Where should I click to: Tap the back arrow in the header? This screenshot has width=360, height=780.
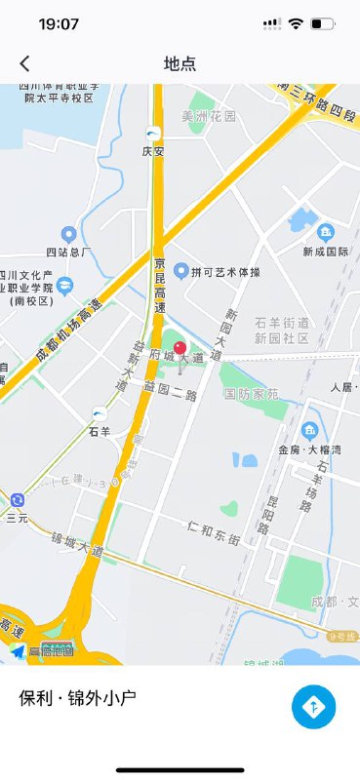tap(24, 64)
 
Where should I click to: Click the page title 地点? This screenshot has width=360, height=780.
tap(180, 64)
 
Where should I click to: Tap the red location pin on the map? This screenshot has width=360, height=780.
tap(180, 349)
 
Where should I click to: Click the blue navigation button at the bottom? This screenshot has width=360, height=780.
tap(313, 707)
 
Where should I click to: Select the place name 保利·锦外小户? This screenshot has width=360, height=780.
tap(77, 698)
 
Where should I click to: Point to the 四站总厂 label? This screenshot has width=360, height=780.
tap(68, 253)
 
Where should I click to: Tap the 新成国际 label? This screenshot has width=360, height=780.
tap(326, 251)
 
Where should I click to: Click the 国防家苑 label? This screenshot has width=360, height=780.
tap(251, 394)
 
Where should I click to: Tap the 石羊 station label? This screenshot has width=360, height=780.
tap(99, 430)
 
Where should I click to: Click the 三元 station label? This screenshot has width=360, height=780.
tap(18, 519)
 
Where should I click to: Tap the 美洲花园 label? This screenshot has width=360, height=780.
tap(209, 116)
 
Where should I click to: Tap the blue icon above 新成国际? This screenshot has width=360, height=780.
tap(326, 231)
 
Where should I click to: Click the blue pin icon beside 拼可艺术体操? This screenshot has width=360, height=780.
tap(180, 270)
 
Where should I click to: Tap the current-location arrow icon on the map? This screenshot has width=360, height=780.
tap(18, 651)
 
